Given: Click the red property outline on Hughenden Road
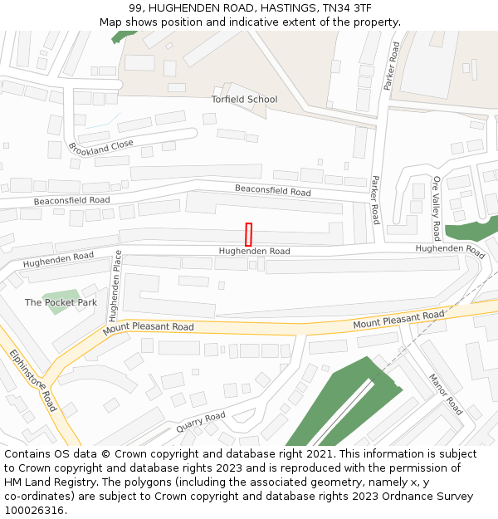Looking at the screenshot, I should point(248,234).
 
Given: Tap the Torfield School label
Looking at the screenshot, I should point(244,100).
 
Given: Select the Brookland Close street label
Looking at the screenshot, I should point(100,149).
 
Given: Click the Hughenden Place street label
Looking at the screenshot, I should point(115,286).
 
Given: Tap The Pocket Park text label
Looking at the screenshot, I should point(61,303).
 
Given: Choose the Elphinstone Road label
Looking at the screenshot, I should point(34,379).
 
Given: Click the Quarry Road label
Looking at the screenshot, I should point(200,423).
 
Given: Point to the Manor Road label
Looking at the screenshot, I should point(446,394).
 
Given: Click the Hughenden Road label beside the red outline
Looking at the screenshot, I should point(254,251).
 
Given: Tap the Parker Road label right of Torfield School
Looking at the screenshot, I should point(392,66).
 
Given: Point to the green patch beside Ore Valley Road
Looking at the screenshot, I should point(471,229).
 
